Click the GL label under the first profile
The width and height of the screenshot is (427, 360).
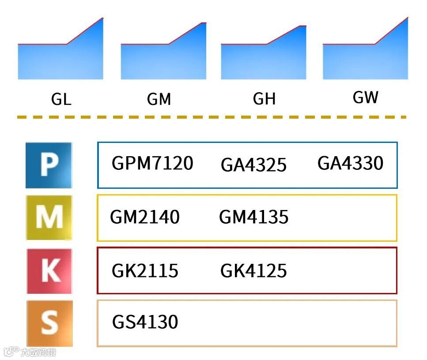61,100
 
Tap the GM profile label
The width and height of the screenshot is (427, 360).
159,100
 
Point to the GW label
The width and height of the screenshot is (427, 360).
366,97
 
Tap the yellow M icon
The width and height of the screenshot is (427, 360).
49,217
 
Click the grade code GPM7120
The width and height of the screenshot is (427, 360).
152,163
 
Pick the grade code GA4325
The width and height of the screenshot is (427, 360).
253,165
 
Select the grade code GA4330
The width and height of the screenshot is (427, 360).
350,163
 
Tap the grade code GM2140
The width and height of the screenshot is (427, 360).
145,217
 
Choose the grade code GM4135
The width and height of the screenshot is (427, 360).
253,217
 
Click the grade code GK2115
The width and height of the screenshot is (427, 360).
145,270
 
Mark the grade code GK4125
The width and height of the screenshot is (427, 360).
253,270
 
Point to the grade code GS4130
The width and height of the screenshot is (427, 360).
145,322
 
